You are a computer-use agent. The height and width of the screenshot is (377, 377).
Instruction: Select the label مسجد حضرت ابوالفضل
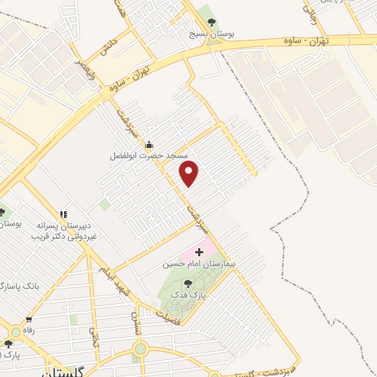click(x=149, y=156)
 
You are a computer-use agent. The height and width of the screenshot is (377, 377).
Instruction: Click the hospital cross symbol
click(x=198, y=252)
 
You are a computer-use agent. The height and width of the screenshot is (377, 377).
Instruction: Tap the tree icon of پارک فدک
click(x=188, y=283)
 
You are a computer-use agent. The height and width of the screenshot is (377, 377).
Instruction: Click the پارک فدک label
click(x=186, y=295)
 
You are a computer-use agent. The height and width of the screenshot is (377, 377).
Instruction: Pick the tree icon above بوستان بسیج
click(x=212, y=23)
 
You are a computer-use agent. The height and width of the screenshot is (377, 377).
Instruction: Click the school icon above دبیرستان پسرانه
click(x=63, y=214)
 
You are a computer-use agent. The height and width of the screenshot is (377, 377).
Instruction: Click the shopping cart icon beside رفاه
click(x=29, y=320)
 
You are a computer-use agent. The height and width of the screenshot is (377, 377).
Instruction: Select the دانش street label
click(x=107, y=46)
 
